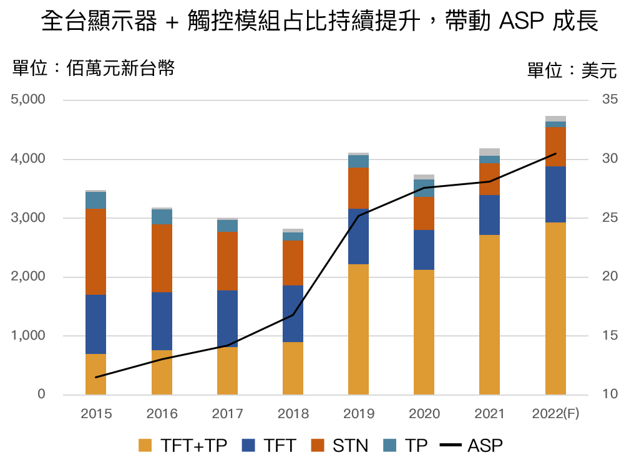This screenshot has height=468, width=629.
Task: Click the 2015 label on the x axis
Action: point(96,414)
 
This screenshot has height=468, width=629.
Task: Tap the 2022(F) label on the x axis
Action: point(555,414)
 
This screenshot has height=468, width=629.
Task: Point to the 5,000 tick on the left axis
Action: point(27,100)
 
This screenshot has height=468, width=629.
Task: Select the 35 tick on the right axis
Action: point(610,100)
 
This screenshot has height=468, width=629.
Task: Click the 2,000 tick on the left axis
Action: point(27,277)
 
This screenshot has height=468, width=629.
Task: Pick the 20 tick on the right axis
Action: point(610,277)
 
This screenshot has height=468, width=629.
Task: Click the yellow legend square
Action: point(145,445)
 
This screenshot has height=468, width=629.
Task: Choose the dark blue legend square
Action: point(248,445)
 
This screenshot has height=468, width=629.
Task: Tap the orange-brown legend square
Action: point(317,445)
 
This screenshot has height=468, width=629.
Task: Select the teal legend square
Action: point(389,445)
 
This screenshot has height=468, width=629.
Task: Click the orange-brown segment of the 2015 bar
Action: point(96,252)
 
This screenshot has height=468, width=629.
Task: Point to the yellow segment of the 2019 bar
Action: point(358,329)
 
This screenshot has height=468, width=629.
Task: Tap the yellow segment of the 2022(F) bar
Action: point(555,308)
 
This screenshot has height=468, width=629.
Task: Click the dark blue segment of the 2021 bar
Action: point(489,215)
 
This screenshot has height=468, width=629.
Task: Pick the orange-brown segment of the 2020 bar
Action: point(424,213)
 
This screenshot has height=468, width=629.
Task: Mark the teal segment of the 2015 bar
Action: point(96,200)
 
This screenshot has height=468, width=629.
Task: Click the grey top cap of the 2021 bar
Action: point(489,152)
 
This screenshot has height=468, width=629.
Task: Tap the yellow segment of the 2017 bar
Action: point(227,371)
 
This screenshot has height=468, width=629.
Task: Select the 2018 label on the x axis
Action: point(293,414)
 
